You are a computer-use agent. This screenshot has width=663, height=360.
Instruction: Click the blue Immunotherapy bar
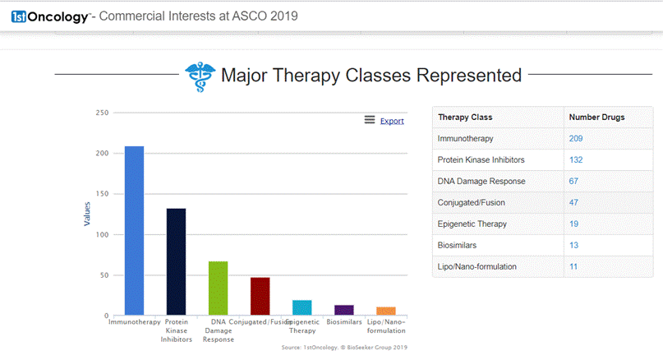coord(134,230)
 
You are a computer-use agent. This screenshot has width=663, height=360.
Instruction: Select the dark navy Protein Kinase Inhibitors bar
coord(176,261)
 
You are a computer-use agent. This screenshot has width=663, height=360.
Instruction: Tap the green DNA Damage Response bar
coord(218,288)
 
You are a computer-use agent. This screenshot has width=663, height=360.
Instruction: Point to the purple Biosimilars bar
coord(344,310)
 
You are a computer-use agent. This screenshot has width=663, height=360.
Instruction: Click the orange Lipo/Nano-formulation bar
coord(386,311)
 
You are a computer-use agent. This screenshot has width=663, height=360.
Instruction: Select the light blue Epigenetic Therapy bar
coord(302,307)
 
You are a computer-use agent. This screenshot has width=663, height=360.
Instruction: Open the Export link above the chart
coord(392,121)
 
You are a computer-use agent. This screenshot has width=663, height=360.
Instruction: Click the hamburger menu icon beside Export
coord(370,121)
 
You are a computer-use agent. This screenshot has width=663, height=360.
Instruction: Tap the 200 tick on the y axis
coord(102,154)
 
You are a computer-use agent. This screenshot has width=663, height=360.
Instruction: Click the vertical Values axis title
coord(87,214)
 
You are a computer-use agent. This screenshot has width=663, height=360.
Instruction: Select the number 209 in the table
coord(576,139)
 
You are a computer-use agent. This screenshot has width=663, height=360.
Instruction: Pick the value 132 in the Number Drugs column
coord(576,160)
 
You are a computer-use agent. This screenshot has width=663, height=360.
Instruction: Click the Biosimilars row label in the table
coord(458,245)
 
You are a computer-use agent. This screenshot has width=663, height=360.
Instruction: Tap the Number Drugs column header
coord(596,118)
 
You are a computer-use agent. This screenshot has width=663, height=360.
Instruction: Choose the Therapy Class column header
coord(465,118)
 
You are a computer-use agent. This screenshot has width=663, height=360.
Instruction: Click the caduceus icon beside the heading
coord(196,76)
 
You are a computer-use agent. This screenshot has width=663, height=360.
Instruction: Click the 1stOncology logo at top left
coord(49,16)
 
